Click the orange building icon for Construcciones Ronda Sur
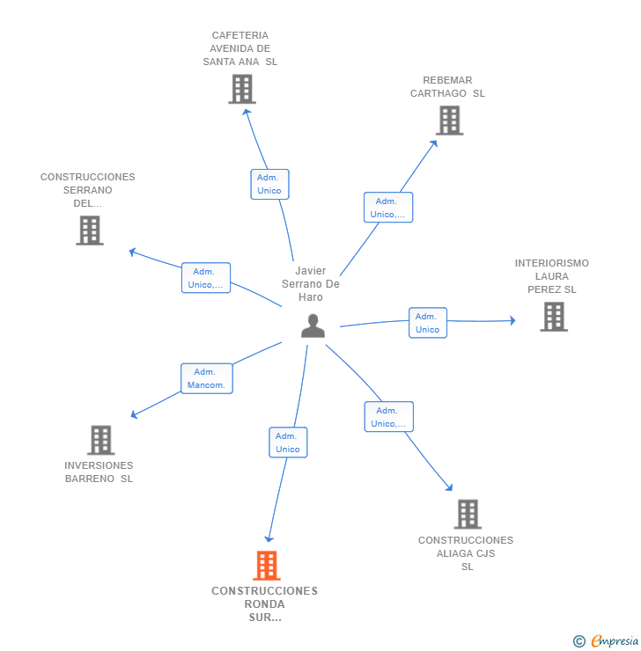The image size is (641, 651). (267, 565)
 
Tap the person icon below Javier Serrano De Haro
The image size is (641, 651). (313, 325)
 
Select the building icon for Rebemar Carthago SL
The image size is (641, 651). (449, 121)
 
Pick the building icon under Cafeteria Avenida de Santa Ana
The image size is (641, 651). (242, 89)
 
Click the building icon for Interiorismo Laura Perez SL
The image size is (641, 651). (554, 317)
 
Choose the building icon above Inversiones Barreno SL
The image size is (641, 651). (101, 440)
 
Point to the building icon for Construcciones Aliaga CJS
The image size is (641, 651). (468, 514)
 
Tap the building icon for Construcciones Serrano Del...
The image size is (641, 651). (90, 230)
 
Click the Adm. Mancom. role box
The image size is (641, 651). (207, 378)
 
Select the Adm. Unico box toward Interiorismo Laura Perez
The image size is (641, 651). (428, 323)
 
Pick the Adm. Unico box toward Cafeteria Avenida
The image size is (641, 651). (269, 185)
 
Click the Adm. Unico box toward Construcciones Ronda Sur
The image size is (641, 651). (288, 443)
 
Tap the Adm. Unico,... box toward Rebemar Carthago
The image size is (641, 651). (388, 207)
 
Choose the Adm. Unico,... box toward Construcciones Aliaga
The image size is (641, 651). (389, 417)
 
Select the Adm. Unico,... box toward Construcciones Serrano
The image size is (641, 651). (206, 278)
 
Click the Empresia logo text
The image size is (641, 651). (615, 641)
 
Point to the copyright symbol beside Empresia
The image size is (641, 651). (579, 641)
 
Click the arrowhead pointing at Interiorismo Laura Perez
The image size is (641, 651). (513, 320)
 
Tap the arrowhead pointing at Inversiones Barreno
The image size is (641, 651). (134, 414)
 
